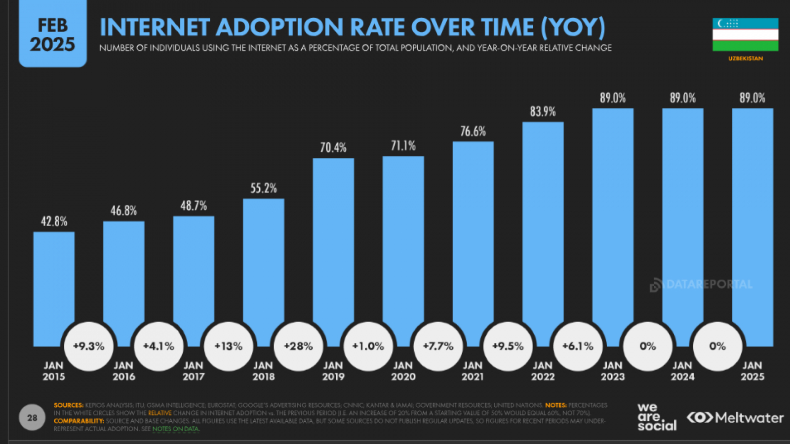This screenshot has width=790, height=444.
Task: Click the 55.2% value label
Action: (x=264, y=188)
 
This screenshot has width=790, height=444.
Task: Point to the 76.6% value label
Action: (x=473, y=131)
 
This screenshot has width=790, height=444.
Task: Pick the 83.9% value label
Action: (x=543, y=111)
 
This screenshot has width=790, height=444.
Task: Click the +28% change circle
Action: (x=298, y=346)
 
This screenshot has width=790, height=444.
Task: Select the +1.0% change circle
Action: (x=368, y=346)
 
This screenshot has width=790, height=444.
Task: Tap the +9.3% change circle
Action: (x=89, y=346)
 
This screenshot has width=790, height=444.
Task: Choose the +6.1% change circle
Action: (x=578, y=346)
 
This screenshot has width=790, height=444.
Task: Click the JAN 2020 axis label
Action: (x=403, y=371)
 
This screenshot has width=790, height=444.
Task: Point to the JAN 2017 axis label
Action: (x=194, y=371)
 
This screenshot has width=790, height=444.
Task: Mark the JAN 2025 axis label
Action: (x=752, y=371)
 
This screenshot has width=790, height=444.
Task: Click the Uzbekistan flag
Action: (x=745, y=35)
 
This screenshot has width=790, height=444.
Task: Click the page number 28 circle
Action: (x=32, y=418)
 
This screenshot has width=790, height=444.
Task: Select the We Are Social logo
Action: (x=656, y=417)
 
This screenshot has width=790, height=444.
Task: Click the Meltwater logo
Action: (x=735, y=418)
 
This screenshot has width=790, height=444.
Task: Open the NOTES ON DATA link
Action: (x=175, y=429)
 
